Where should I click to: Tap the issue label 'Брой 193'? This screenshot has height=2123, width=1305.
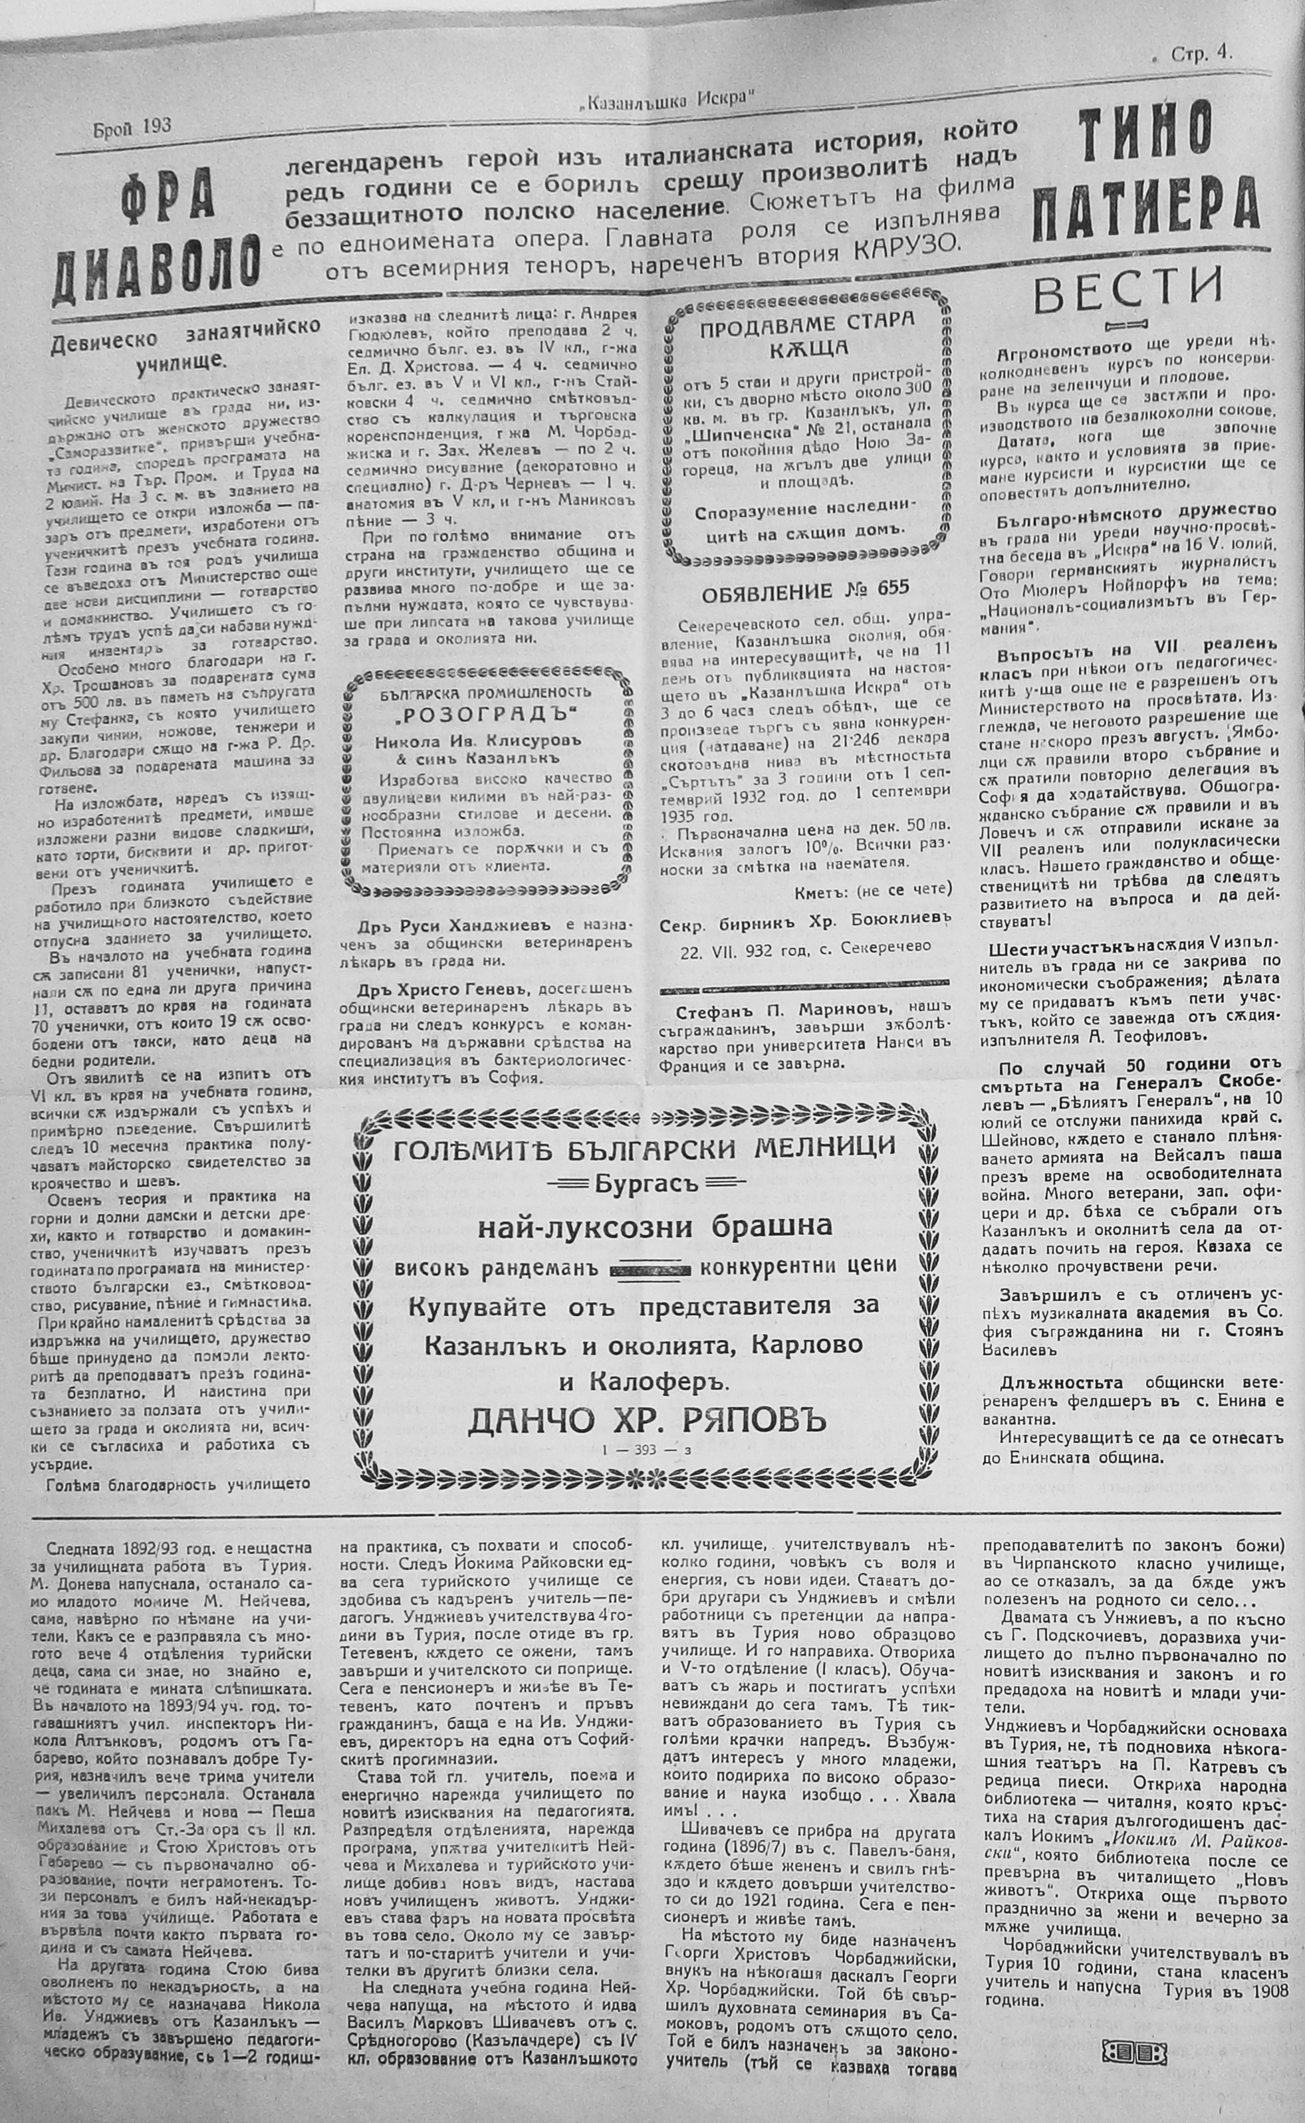(131, 127)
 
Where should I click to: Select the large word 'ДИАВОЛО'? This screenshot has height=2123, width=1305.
(156, 271)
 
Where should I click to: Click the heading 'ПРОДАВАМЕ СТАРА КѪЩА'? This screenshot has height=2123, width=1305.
(806, 335)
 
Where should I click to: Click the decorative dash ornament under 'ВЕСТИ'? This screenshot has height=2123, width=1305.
(1126, 325)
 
